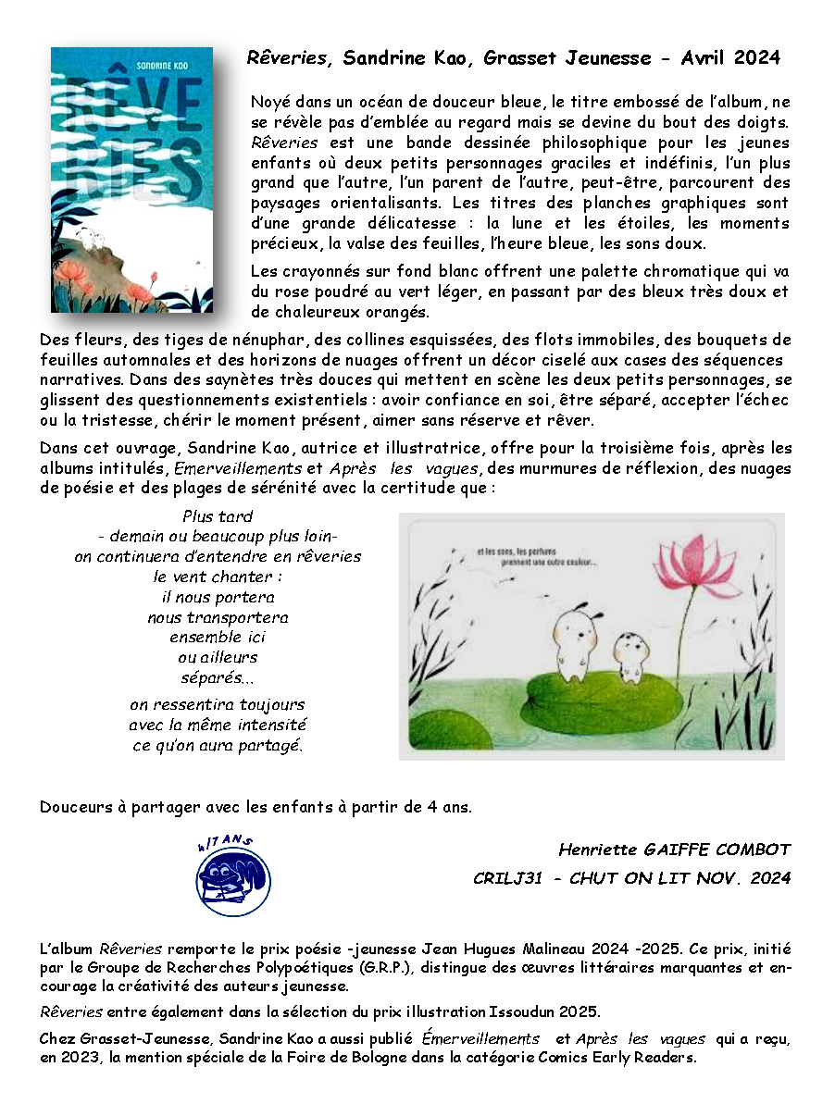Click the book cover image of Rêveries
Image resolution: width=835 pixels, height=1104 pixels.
click(131, 180)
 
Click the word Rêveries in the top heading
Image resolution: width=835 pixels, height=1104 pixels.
click(288, 58)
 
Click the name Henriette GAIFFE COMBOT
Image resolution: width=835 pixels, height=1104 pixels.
click(675, 850)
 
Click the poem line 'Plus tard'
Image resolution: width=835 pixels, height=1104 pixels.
click(218, 516)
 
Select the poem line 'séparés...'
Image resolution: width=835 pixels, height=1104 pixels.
click(218, 678)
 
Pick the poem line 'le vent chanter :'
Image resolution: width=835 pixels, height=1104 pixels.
click(218, 577)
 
